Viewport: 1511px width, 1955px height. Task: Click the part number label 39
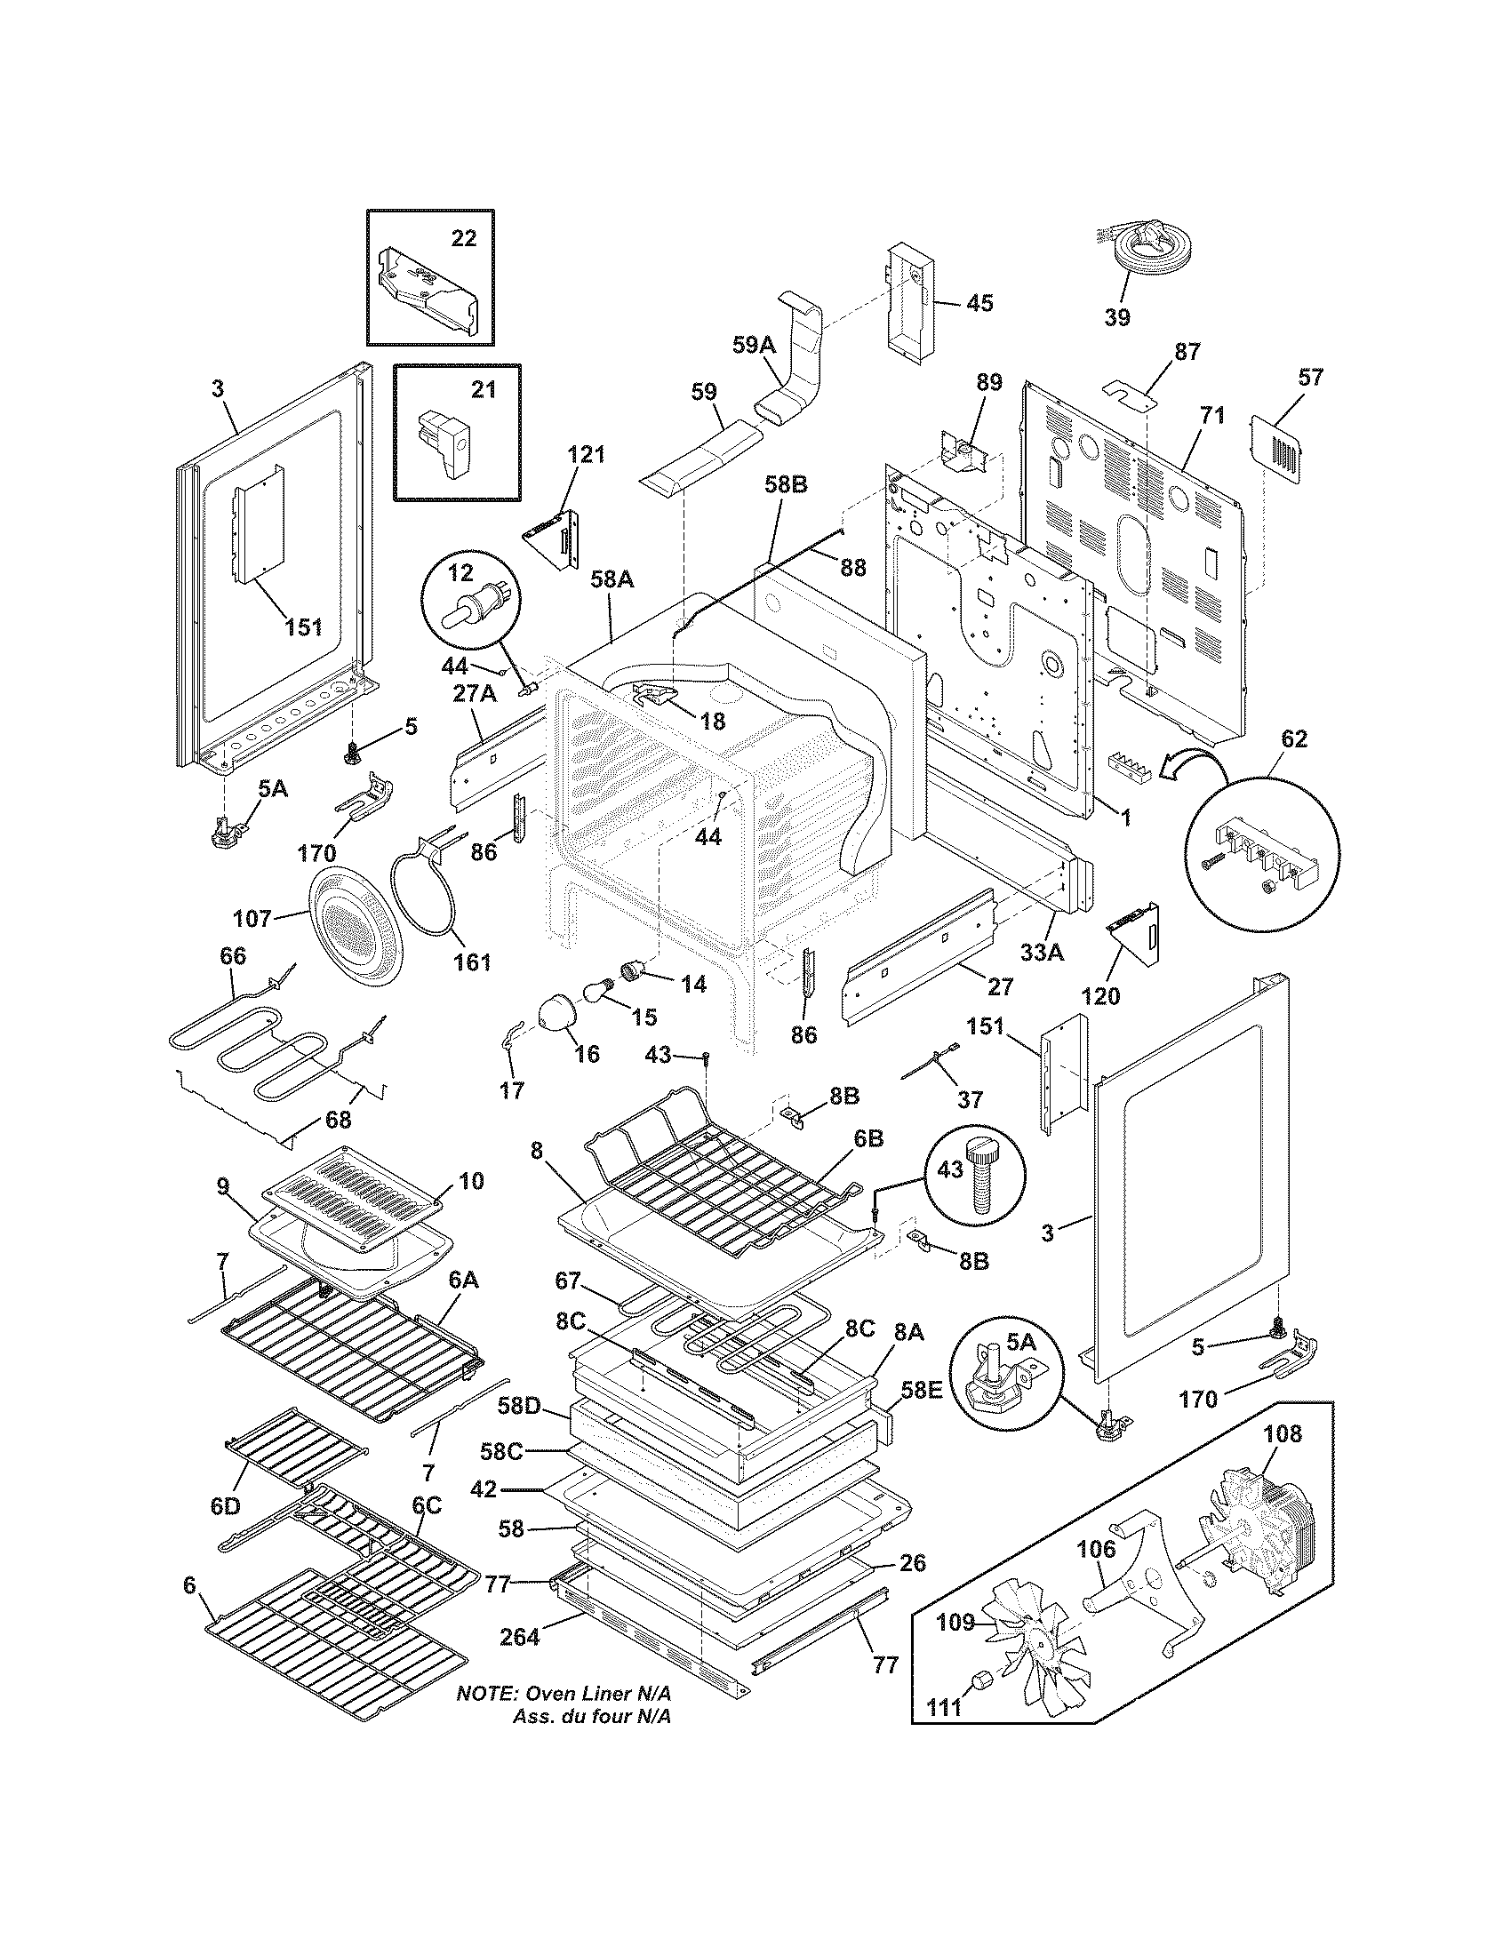click(1116, 317)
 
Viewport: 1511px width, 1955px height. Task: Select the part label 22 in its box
click(464, 238)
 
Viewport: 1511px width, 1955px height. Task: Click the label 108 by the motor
click(1282, 1434)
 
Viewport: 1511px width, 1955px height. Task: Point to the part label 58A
click(612, 580)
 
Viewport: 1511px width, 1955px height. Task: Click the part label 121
click(586, 454)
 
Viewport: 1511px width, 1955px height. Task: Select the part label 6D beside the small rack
click(227, 1506)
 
